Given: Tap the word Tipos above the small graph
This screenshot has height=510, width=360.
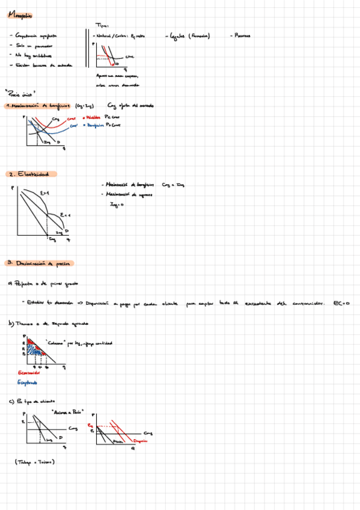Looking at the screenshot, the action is coord(102,25).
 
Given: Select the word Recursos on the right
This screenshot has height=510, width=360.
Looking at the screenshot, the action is coord(243,35).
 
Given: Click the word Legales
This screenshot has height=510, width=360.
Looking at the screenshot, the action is coord(178,35).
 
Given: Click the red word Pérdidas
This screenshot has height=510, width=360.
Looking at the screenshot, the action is coord(95,118).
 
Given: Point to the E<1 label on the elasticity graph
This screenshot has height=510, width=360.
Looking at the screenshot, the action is coord(66,215).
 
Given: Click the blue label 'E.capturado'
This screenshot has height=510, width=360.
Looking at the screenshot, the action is coord(28,382).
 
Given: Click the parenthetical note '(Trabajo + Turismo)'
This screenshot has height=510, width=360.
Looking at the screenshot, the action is coord(35,462).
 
